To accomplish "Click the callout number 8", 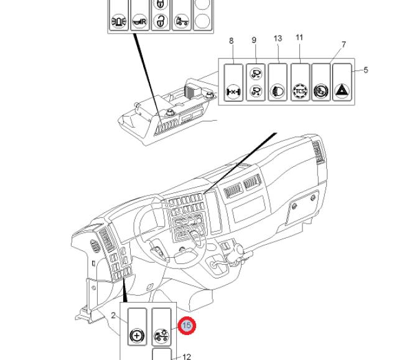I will click(232, 41).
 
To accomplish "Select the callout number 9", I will click(254, 40).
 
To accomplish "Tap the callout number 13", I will click(278, 39).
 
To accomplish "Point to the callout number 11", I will click(299, 37).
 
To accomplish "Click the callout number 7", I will click(344, 44).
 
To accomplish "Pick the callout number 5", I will click(366, 70).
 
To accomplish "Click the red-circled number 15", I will click(187, 325).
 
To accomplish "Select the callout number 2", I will click(114, 316).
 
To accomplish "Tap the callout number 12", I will click(187, 357).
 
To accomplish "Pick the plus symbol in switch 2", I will click(137, 336).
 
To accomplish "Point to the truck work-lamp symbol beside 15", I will click(161, 336).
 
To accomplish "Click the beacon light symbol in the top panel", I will click(118, 21).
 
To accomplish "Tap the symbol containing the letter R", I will click(139, 22).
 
